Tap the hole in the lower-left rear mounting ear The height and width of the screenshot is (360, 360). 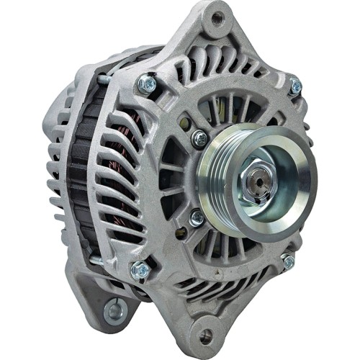[x=114, y=310]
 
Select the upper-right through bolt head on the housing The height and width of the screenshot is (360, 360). [x=295, y=87]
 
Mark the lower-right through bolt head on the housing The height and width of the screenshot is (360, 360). [x=288, y=261]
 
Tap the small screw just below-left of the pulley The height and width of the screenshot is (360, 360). [x=197, y=217]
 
